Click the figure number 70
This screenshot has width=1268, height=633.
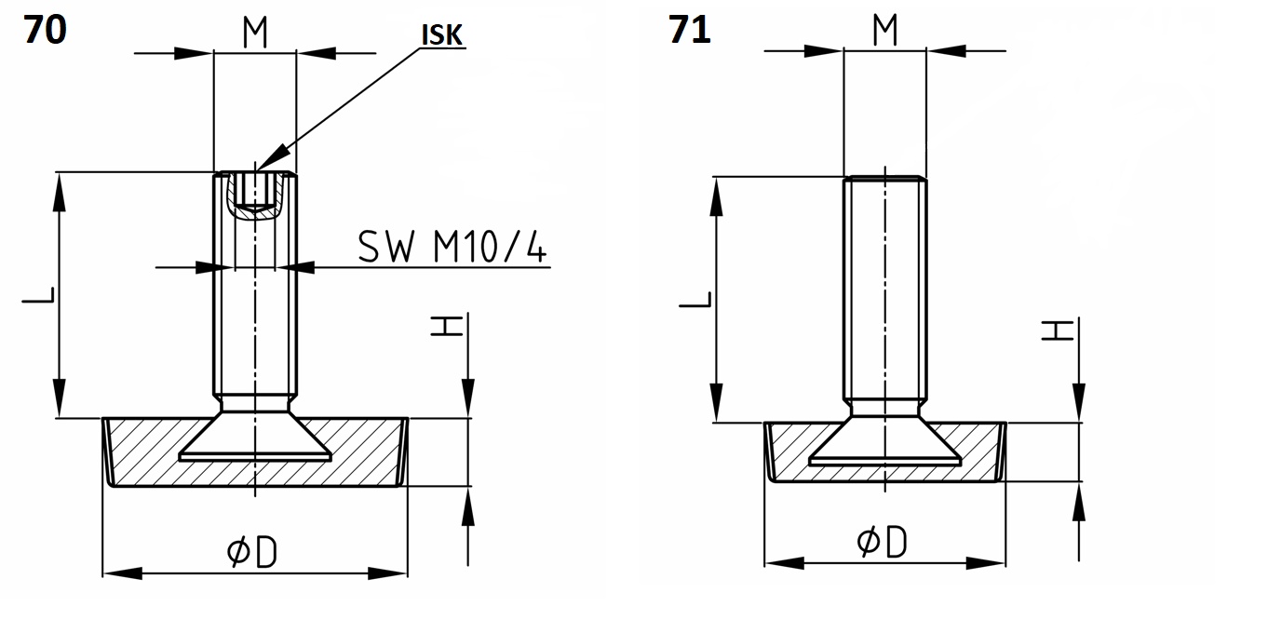point(45,29)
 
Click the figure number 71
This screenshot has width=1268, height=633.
point(690,29)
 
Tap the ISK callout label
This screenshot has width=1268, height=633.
point(443,35)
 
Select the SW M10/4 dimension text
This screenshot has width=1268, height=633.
point(453,248)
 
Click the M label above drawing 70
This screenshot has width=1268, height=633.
point(255,34)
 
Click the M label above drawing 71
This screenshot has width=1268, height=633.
point(884,30)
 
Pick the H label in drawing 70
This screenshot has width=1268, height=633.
point(447,325)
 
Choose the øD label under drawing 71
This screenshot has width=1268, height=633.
point(882,542)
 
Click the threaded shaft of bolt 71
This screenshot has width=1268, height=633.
point(884,289)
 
